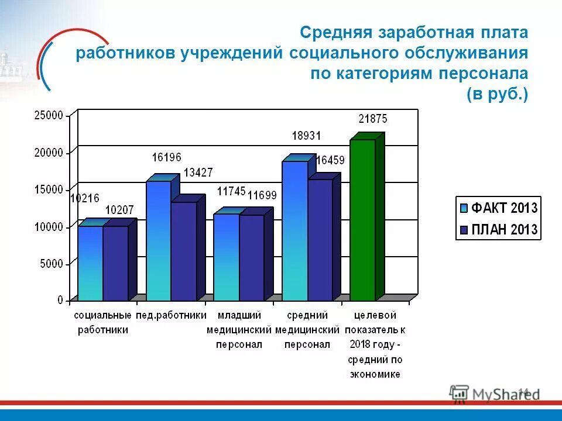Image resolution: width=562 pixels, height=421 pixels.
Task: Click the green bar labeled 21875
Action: tap(362, 220)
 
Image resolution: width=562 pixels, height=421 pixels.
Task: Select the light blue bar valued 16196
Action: tap(158, 240)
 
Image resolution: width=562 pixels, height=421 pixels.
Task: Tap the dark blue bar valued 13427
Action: tap(183, 251)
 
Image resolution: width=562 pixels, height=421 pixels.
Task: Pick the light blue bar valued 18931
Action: tap(294, 230)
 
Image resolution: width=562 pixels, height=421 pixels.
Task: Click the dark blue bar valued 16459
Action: tap(320, 240)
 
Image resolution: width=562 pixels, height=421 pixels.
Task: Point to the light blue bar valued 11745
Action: tap(226, 257)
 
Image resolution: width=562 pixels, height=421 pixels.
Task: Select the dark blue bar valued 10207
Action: tap(115, 263)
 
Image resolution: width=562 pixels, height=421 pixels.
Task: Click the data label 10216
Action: tap(84, 198)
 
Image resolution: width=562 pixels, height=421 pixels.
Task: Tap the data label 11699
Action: tap(262, 195)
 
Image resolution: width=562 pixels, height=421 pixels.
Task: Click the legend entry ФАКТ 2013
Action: tap(498, 207)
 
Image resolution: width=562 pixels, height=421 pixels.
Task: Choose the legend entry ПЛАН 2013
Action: tap(498, 229)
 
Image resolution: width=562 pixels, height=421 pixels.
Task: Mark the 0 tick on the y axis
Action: tap(60, 300)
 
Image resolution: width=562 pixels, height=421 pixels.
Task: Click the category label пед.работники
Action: tap(171, 315)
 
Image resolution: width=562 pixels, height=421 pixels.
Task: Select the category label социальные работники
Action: tap(102, 322)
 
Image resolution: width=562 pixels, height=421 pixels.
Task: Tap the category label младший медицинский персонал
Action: tap(238, 330)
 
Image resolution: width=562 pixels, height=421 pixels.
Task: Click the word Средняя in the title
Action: tap(338, 33)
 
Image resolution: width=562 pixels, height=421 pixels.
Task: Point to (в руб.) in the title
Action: tap(497, 94)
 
